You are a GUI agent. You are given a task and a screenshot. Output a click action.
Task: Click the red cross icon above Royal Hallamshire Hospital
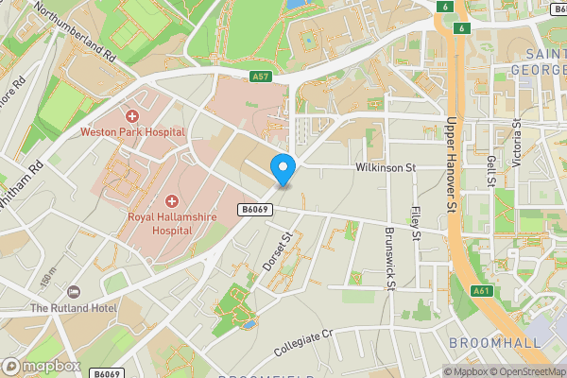[x=172, y=200]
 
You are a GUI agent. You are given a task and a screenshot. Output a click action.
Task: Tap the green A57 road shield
[x=262, y=77]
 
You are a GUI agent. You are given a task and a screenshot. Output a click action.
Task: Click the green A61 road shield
[x=480, y=291]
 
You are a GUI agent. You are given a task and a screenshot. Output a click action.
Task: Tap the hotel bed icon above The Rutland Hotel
[x=74, y=291]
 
